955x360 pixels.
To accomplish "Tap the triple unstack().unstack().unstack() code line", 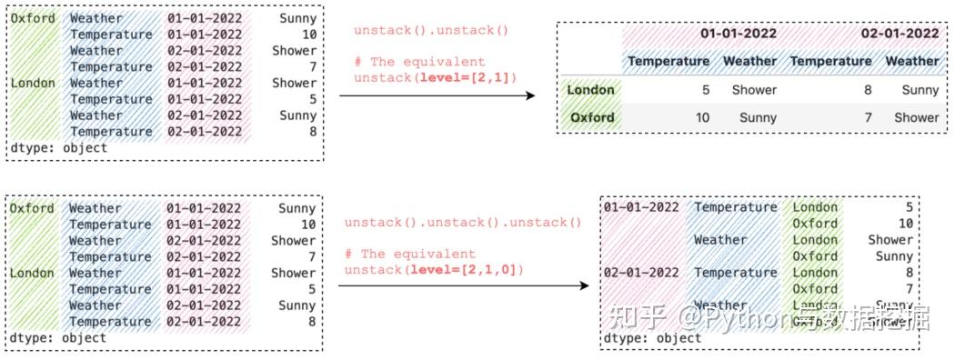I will tap(462, 223).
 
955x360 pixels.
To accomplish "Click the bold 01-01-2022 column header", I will tap(738, 34).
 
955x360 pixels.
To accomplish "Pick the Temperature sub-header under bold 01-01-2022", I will tap(668, 61).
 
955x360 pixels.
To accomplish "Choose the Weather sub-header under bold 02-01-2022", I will tap(912, 61).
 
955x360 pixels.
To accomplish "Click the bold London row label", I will tap(590, 90).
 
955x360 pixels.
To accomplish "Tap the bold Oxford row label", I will tap(592, 117).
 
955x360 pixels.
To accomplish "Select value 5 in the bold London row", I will tap(704, 90).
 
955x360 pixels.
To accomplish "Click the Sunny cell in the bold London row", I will tap(920, 90).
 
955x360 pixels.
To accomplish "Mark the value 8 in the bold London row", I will tap(866, 90).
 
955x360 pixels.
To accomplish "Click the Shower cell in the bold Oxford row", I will tap(916, 117).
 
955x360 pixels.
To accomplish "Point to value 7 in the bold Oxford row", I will tap(866, 117).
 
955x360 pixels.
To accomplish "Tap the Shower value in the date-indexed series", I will tap(890, 240).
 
